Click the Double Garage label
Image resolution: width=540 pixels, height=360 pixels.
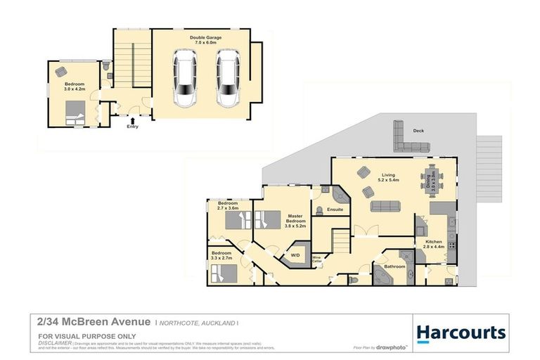click(x=201, y=40)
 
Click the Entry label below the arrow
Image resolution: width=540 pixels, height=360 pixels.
click(x=132, y=127)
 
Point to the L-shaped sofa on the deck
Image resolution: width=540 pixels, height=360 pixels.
click(x=408, y=139)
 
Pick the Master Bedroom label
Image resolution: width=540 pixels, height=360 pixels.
click(x=295, y=221)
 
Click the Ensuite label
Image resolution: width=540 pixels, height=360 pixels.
click(x=335, y=209)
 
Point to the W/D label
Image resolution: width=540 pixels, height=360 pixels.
click(x=296, y=255)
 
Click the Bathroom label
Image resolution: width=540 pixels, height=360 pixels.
click(x=394, y=266)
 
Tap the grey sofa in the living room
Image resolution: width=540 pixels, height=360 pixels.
click(x=385, y=206)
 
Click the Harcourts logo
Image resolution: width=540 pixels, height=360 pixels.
click(x=461, y=333)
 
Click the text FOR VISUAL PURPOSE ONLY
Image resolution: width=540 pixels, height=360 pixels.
click(x=87, y=336)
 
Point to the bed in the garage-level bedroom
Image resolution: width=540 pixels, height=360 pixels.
click(x=75, y=111)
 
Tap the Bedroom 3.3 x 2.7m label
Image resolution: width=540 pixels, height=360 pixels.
click(x=221, y=255)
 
